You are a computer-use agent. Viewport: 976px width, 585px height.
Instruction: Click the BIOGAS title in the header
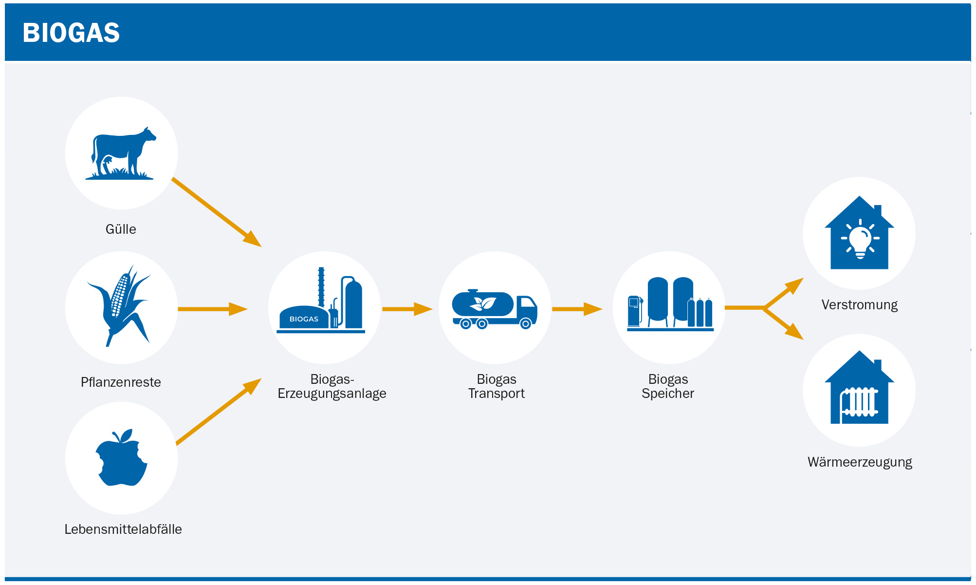click(x=71, y=33)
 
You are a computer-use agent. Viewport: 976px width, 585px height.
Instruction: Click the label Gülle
click(x=121, y=229)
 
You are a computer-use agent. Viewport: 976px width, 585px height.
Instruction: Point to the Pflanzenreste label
click(x=121, y=382)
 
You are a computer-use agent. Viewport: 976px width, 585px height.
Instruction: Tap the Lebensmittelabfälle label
click(x=123, y=529)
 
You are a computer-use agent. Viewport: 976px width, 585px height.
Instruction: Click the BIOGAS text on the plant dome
click(x=304, y=319)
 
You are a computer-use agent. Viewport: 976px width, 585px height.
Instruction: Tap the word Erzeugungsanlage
click(x=332, y=394)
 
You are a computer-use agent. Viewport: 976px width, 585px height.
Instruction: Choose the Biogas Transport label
click(x=497, y=386)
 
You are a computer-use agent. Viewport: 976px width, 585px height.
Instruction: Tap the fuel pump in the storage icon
click(x=634, y=311)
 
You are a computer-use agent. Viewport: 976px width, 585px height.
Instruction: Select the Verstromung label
click(x=860, y=305)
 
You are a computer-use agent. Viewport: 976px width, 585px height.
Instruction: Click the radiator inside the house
click(x=860, y=402)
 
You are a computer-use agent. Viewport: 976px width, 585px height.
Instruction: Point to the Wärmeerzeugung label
click(x=860, y=462)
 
